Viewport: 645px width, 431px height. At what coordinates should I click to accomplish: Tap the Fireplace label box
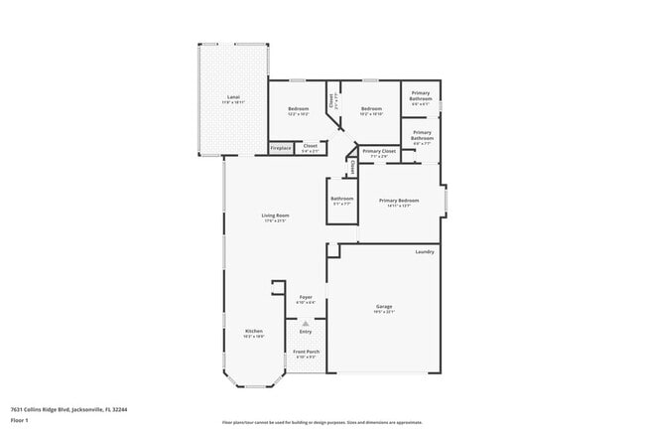(x=281, y=149)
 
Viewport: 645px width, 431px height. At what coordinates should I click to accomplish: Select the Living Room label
(x=275, y=217)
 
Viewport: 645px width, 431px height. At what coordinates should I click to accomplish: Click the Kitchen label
(x=254, y=334)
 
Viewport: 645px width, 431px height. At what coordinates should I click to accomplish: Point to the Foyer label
(x=306, y=299)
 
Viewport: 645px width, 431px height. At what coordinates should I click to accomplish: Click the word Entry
(x=306, y=331)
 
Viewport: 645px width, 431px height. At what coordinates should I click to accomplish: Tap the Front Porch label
(x=306, y=354)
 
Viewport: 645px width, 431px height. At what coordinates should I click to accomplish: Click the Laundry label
(x=425, y=252)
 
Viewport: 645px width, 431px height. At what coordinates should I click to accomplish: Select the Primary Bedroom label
(x=399, y=203)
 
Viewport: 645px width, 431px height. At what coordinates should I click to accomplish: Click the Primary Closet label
(x=379, y=153)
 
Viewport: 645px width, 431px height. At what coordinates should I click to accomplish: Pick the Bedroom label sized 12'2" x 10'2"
(x=299, y=110)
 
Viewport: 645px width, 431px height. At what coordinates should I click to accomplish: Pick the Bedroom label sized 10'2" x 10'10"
(x=371, y=110)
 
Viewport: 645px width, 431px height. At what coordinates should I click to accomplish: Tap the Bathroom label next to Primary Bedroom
(x=341, y=201)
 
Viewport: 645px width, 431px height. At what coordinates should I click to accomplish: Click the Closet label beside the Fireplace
(x=310, y=148)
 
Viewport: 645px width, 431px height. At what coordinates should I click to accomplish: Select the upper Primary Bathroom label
(x=421, y=98)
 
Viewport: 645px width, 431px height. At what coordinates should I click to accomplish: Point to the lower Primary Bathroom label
(x=422, y=136)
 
